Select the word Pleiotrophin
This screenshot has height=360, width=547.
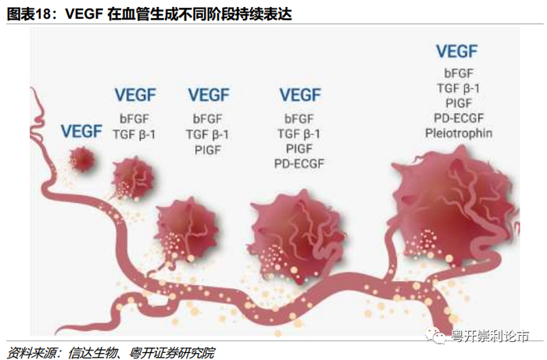click(x=459, y=133)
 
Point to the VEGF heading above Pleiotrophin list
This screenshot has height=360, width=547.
click(x=456, y=52)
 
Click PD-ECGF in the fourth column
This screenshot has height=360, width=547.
click(x=299, y=163)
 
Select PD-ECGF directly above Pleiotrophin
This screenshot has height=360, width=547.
click(x=459, y=118)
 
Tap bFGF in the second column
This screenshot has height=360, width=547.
click(x=135, y=119)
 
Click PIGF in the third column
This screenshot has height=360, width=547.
click(x=207, y=148)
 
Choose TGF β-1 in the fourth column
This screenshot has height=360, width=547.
click(x=299, y=134)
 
